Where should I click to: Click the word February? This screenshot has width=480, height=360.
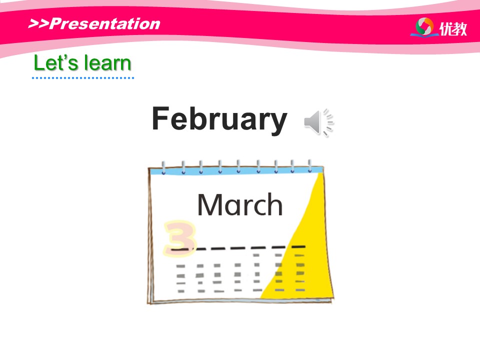[x=219, y=119]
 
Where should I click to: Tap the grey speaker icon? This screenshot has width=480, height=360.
[x=318, y=122]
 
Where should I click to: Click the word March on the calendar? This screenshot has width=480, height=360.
[x=239, y=204]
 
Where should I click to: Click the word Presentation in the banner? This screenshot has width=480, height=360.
[x=104, y=23]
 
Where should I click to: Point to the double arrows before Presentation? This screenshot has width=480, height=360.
[x=38, y=23]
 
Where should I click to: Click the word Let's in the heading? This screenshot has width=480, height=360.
[x=56, y=63]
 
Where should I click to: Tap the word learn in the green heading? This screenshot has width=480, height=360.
[x=108, y=63]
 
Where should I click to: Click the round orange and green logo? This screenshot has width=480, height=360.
[x=425, y=26]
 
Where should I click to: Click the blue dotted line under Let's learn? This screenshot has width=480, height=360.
[x=83, y=78]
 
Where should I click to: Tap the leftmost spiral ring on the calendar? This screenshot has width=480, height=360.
[x=164, y=167]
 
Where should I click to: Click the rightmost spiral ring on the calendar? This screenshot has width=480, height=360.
[x=310, y=166]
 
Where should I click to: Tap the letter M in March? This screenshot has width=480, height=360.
[x=209, y=205]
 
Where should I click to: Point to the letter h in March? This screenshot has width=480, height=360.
[x=274, y=204]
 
